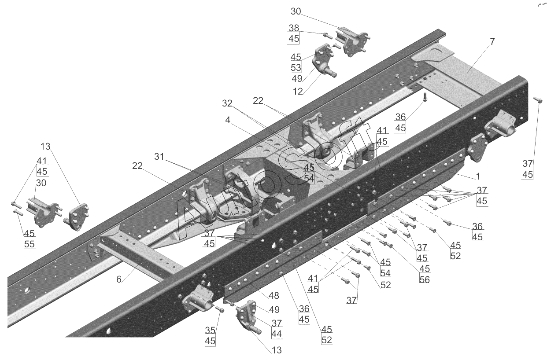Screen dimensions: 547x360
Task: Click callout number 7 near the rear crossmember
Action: [492, 42]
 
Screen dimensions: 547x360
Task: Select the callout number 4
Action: [228, 120]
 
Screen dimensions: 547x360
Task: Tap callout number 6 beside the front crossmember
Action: [118, 279]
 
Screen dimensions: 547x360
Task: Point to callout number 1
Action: [478, 176]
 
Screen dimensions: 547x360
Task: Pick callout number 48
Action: [273, 296]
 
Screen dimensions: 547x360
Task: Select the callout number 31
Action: [159, 156]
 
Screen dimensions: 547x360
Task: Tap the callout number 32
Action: [227, 103]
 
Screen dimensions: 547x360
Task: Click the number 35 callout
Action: [210, 331]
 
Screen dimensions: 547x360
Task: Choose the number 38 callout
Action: [294, 28]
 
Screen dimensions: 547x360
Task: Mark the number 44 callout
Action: [277, 334]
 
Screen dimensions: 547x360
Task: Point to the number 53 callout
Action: [296, 68]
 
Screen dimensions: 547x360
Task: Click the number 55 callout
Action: [30, 244]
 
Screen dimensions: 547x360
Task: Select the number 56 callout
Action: [425, 279]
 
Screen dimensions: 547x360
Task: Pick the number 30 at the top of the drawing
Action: [296, 11]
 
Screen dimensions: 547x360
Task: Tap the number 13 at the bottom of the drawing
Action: [277, 350]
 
